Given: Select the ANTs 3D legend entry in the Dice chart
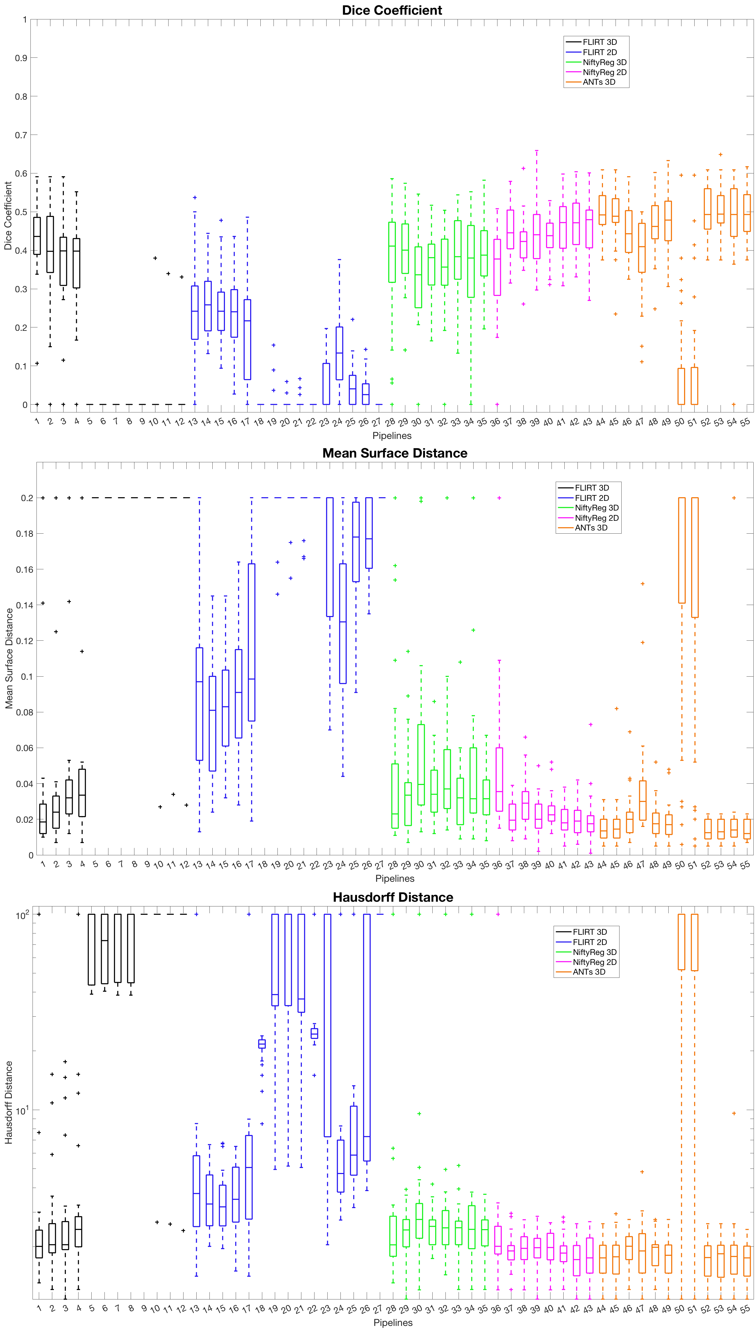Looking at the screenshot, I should tap(598, 82).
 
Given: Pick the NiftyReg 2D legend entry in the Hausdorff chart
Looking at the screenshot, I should tap(594, 962).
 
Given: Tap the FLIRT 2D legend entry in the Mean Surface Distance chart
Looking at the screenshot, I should tap(591, 498).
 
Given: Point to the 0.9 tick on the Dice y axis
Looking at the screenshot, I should tap(21, 58).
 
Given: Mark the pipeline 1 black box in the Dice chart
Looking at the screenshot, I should tap(37, 236).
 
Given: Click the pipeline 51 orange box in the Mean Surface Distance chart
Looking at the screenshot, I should tap(695, 557).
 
